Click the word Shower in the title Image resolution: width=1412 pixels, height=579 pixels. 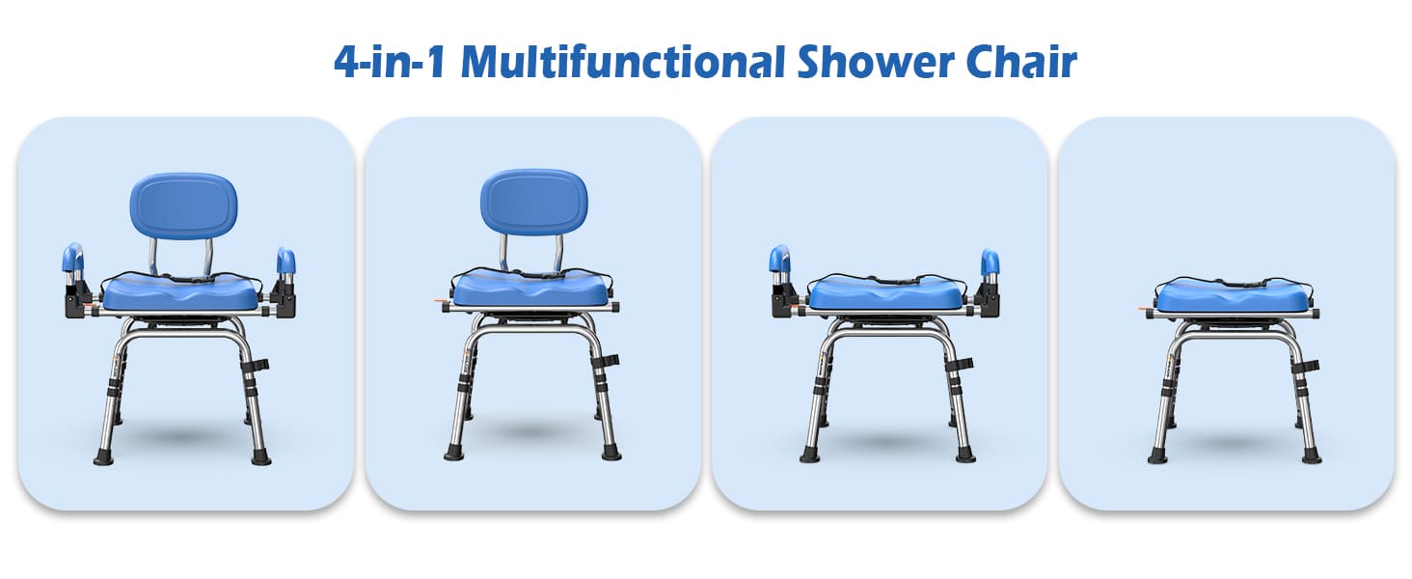[869, 62]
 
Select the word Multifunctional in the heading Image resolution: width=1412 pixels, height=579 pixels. [624, 62]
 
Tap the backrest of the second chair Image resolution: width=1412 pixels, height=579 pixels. [533, 204]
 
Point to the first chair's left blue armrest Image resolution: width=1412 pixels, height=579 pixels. [72, 259]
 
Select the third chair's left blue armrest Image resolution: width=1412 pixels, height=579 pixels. [779, 260]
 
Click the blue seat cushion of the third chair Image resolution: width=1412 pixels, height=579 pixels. [885, 293]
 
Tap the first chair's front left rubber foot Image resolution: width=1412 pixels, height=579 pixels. [103, 455]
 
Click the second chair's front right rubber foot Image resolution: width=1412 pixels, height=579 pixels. [611, 452]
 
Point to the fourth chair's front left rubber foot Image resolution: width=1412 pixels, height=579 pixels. [1157, 455]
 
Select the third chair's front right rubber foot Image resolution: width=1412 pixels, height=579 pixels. [963, 454]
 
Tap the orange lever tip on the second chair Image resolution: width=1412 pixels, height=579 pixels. [439, 305]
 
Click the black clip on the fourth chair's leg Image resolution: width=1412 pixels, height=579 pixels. [1309, 366]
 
